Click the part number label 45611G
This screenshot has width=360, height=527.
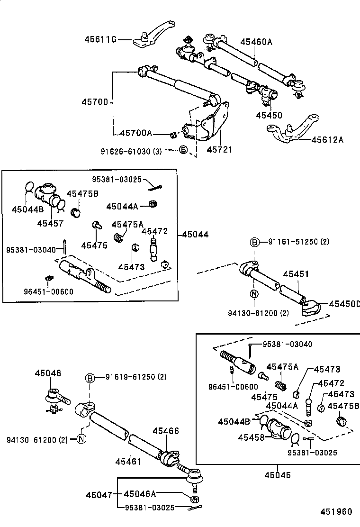[100, 39]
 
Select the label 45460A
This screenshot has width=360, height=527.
[256, 42]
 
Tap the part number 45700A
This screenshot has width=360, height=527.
[136, 134]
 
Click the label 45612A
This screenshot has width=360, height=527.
[327, 140]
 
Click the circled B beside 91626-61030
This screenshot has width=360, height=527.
[183, 151]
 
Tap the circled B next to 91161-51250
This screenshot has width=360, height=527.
[254, 242]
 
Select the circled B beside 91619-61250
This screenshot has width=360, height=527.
[90, 378]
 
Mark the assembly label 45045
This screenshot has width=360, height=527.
[277, 475]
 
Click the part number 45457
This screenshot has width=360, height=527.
[50, 223]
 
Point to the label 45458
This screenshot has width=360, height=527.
[251, 437]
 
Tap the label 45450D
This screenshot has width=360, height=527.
[344, 303]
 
